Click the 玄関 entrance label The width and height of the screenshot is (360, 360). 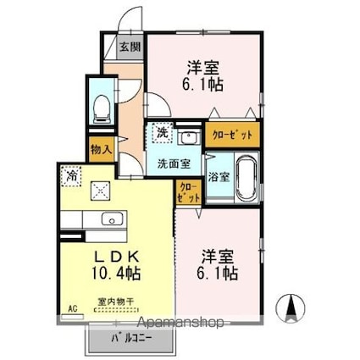pyautogui.click(x=130, y=48)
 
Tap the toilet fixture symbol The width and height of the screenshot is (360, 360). pyautogui.click(x=100, y=107)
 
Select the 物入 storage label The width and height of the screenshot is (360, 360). pyautogui.click(x=100, y=149)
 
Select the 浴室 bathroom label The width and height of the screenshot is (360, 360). pyautogui.click(x=219, y=177)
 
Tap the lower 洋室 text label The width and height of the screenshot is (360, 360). pyautogui.click(x=218, y=256)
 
